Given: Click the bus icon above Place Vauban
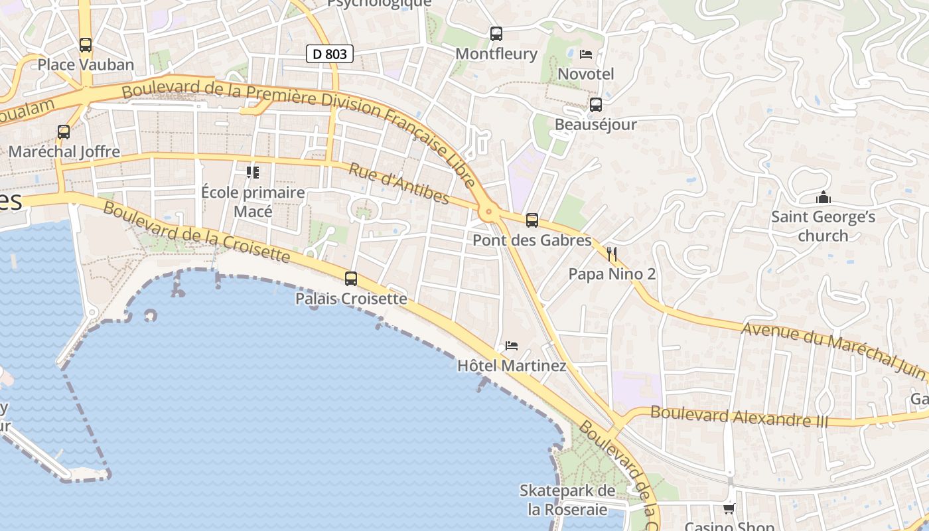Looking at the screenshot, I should coord(86,45).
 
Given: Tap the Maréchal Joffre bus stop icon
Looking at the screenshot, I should coord(64,132).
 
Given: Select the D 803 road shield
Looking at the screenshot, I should coord(329,54).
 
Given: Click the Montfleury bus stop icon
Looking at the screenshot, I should coord(496,34).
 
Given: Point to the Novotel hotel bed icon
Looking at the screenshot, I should coord(585,54).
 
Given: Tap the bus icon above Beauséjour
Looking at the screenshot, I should coord(595,105).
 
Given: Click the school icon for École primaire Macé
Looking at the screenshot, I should coord(253,173).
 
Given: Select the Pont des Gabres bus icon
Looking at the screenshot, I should coord(532,220).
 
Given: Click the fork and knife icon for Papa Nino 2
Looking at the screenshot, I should coord(612,254).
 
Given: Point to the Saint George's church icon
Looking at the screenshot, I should coord(823,198).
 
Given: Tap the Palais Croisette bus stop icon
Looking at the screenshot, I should coord(351,279).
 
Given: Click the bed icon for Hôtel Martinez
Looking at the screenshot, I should coord(512,346).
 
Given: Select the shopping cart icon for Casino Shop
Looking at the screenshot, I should coord(729,509).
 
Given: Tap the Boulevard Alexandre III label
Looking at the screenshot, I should coord(739,416).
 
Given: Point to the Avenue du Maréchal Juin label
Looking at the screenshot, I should coord(833,349).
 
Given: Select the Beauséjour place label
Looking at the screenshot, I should coord(595,125).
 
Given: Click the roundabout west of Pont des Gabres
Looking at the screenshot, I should coord(489,213).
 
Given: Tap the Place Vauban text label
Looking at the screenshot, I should coord(86,65).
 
